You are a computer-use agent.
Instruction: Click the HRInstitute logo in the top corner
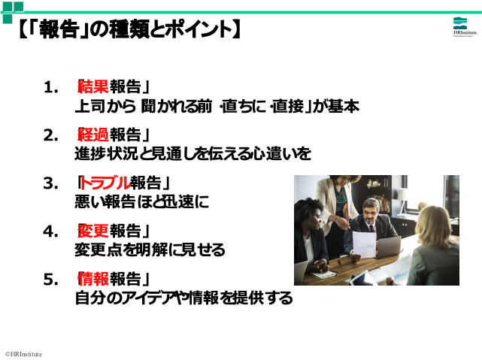[x=465, y=27]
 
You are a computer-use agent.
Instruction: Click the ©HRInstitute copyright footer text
[x=23, y=354]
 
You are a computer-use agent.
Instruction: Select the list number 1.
[x=50, y=87]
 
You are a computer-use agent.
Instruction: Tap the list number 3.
[x=50, y=183]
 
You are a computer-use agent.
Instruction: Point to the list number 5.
[x=50, y=280]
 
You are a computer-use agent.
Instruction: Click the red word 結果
[x=93, y=86]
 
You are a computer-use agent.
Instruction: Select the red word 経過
[x=93, y=135]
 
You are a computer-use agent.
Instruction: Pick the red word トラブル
[x=105, y=183]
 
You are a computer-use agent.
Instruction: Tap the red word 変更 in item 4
[x=93, y=231]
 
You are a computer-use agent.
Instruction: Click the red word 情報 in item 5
[x=93, y=279]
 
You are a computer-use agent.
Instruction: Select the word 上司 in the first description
[x=90, y=106]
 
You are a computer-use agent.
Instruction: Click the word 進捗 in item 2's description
[x=90, y=153]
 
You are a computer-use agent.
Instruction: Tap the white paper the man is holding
[x=364, y=244]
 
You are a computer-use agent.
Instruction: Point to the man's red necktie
[x=372, y=228]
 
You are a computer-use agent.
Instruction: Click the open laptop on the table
[x=389, y=247]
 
